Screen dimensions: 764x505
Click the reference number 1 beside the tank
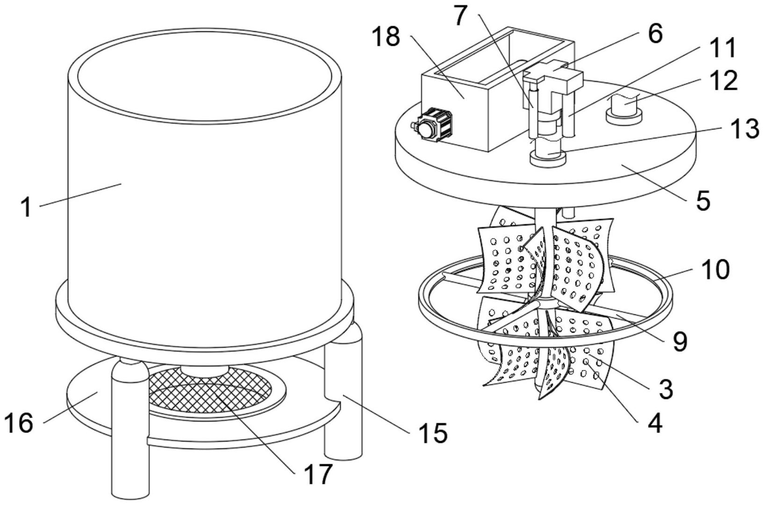click(x=27, y=208)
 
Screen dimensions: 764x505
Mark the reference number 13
click(x=745, y=129)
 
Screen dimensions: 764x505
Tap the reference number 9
click(x=680, y=341)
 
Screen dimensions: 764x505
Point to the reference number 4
click(x=654, y=423)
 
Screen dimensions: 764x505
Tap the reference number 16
click(x=19, y=423)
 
